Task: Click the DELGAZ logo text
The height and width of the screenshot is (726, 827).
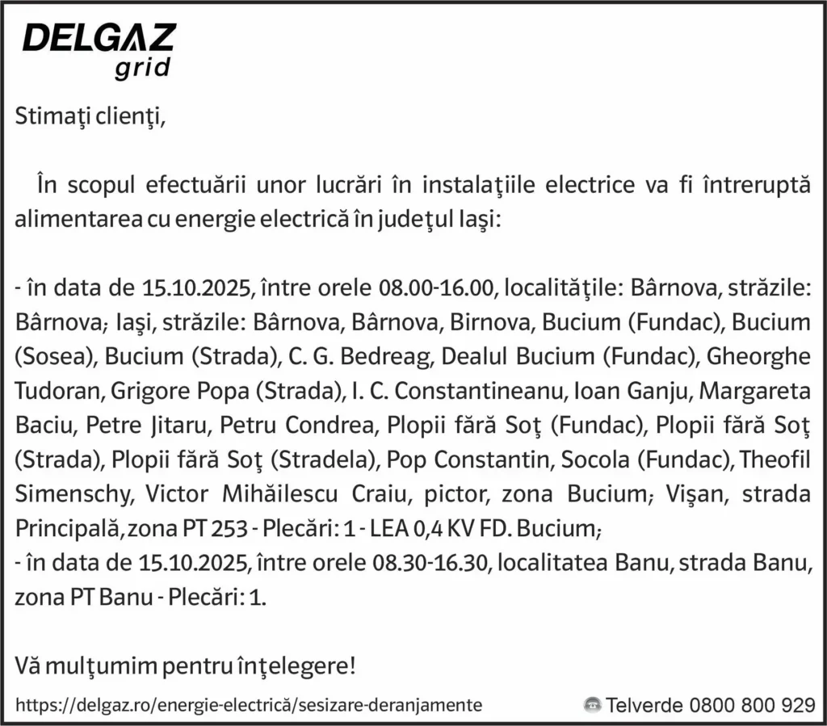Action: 99,39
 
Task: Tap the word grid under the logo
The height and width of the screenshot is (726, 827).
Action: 142,68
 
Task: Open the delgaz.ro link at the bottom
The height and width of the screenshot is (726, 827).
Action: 249,704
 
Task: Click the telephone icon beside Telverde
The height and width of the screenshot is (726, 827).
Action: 592,704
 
